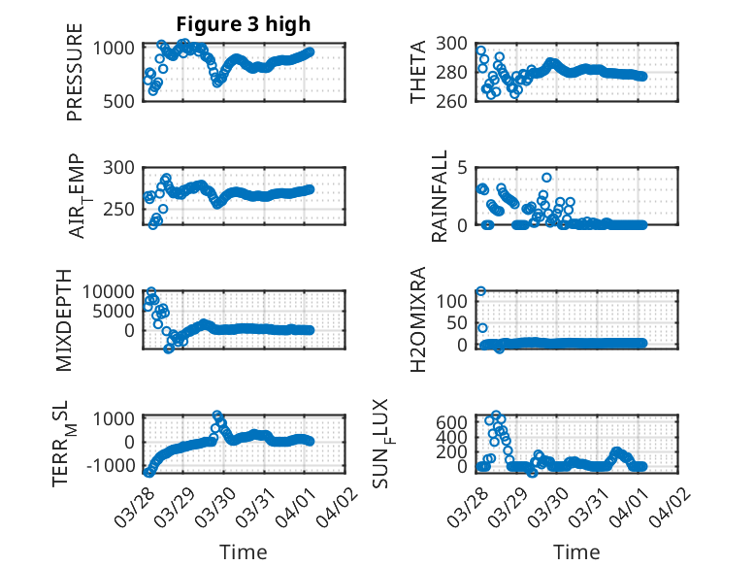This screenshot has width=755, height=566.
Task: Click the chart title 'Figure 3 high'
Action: coord(243,24)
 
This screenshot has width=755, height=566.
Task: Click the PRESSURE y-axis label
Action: coord(76,81)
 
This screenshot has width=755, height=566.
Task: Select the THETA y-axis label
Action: coord(418,73)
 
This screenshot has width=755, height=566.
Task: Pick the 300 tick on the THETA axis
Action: coord(455,43)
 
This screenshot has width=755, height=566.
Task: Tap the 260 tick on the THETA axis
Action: coord(455,100)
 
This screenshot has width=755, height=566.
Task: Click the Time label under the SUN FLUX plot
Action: coord(576,551)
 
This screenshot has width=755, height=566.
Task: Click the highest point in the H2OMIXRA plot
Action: coord(480,290)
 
